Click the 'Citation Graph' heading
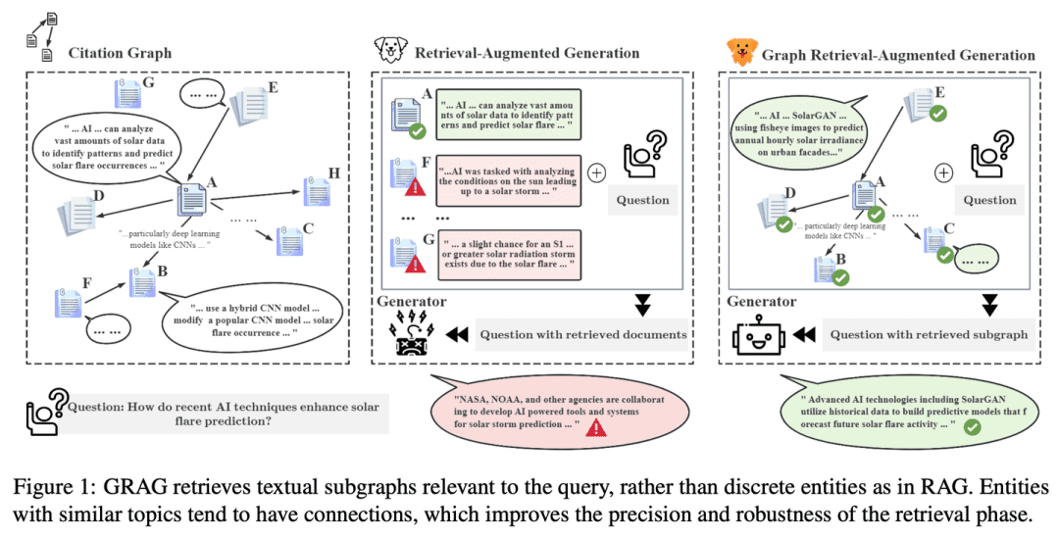(120, 52)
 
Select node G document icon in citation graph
(126, 94)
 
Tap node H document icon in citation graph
(316, 191)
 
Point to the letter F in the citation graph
(87, 283)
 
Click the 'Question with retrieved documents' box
(582, 335)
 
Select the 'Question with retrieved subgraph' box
(928, 334)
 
